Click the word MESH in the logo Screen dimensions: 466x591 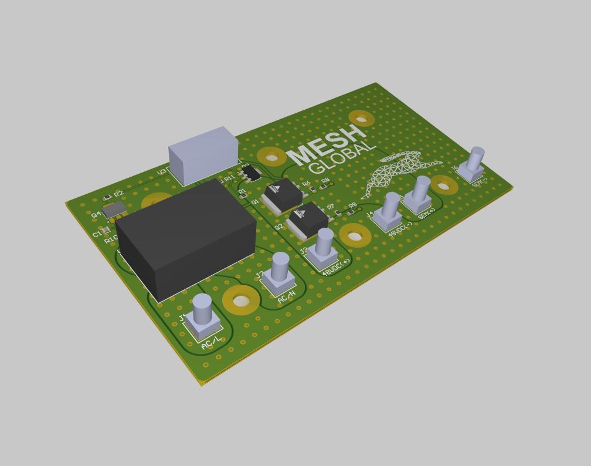325,144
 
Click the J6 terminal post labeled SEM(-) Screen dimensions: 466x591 475,163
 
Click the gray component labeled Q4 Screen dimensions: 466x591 114,210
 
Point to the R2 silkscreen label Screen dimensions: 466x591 119,193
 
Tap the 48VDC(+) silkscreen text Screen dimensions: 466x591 336,266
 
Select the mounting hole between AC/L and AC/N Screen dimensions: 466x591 241,301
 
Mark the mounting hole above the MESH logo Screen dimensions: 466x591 361,119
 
